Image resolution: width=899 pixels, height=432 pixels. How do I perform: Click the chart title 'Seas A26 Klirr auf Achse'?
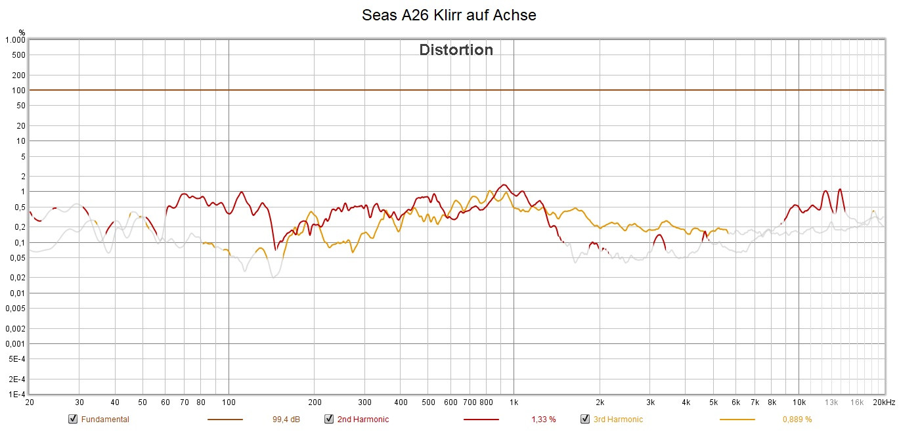(x=449, y=15)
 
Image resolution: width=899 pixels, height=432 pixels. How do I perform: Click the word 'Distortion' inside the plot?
(x=456, y=50)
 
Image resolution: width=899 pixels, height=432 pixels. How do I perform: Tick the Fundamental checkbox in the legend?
(x=72, y=420)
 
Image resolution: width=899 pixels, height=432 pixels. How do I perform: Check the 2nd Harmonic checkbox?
(x=328, y=420)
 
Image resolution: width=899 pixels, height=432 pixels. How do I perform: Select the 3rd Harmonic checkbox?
(x=584, y=420)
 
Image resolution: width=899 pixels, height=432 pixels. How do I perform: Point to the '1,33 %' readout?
(x=543, y=420)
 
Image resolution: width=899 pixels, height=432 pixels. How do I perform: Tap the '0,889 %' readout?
(x=797, y=420)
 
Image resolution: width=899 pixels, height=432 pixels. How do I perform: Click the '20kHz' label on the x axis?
(x=884, y=402)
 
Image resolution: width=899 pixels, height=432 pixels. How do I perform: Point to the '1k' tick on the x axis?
(x=514, y=402)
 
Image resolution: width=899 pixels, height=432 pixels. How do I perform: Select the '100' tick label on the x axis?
(x=229, y=402)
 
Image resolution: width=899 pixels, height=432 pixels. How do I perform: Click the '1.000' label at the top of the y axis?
(x=14, y=40)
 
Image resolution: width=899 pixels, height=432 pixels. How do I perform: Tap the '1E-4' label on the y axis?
(x=16, y=395)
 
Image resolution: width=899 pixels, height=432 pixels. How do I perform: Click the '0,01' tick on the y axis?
(x=17, y=293)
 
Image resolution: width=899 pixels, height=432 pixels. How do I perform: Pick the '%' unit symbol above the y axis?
(x=22, y=32)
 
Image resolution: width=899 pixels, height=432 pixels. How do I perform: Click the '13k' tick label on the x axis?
(x=831, y=402)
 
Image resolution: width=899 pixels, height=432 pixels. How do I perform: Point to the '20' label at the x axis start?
(x=29, y=402)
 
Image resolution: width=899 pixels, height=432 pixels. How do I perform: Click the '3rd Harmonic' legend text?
(x=618, y=420)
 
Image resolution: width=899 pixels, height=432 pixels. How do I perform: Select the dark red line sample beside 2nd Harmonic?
(x=481, y=420)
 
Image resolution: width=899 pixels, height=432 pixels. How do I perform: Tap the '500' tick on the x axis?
(x=428, y=402)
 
